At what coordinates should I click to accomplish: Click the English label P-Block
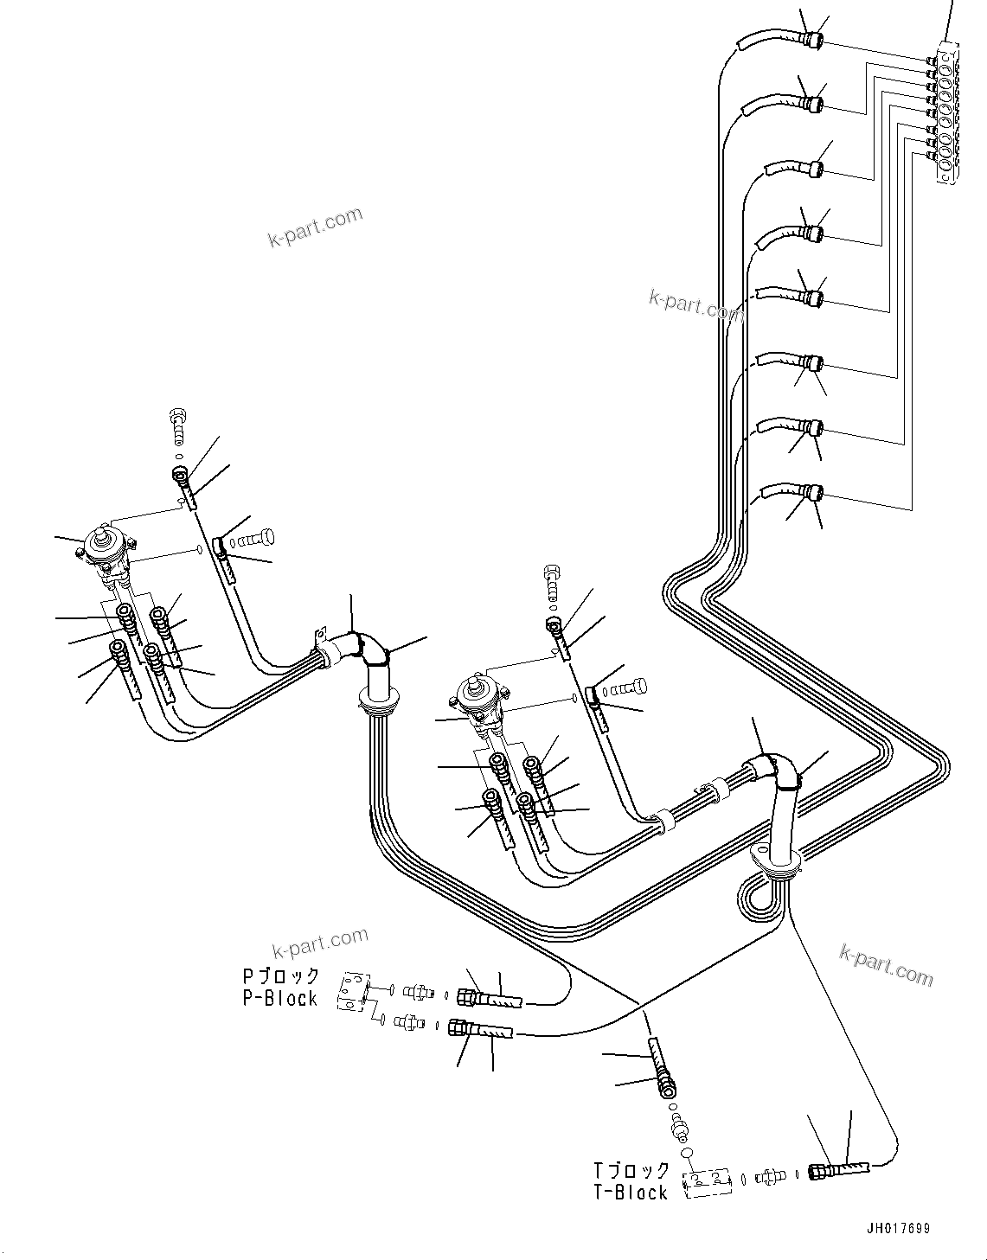(x=279, y=998)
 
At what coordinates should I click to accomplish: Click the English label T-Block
(x=631, y=1193)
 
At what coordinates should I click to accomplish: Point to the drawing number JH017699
(x=895, y=1228)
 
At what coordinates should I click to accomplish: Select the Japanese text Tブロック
(x=631, y=1170)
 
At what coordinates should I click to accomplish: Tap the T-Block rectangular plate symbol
(x=708, y=1183)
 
